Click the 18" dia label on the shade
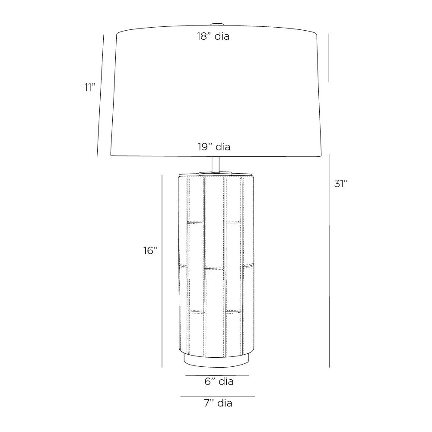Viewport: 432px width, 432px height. click(213, 37)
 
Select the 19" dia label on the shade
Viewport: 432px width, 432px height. click(214, 147)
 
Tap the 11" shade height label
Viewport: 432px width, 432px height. click(89, 87)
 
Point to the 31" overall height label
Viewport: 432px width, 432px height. click(341, 183)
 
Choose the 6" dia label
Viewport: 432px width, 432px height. click(219, 381)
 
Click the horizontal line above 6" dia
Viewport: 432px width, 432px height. click(217, 376)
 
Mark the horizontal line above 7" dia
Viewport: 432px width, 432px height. click(218, 396)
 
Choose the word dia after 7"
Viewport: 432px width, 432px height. click(225, 403)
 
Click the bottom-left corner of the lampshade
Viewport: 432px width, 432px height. click(111, 156)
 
